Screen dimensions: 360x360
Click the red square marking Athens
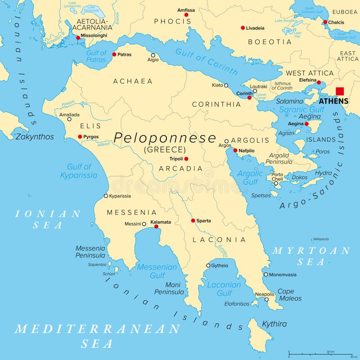point(340,91)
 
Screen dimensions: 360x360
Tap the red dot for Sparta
point(193,220)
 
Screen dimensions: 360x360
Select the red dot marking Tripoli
point(186,159)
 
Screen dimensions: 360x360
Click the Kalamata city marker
point(157,226)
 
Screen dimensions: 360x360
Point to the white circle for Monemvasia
point(266,274)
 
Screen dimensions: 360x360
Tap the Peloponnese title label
point(165,138)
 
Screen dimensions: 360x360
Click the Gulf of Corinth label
point(207,62)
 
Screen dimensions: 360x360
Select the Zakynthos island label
point(35,137)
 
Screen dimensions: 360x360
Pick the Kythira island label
point(274,324)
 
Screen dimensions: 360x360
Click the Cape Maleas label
point(286,295)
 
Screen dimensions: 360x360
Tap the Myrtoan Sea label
point(311,256)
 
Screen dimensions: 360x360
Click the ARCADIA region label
point(180,169)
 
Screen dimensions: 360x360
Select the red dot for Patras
point(114,54)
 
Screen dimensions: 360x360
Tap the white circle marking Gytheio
point(208,265)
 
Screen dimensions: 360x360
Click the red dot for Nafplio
point(235,150)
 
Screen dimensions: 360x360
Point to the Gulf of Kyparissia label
point(79,171)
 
